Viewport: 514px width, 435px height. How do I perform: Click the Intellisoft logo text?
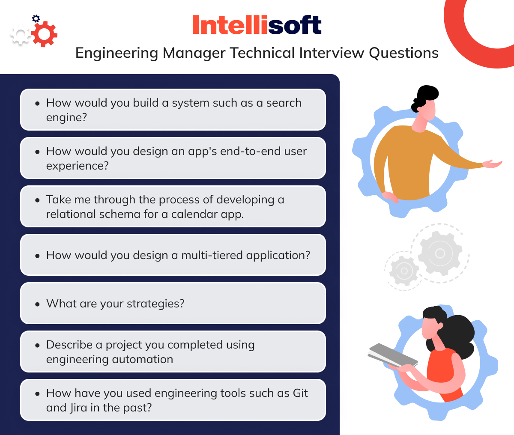[257, 25]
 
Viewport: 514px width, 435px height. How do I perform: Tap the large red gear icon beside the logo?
[44, 33]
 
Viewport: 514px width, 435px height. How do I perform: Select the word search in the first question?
[284, 103]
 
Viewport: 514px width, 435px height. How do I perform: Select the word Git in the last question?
[300, 393]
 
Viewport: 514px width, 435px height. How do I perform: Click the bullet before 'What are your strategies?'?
[38, 304]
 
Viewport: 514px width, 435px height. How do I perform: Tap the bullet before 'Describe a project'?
[38, 345]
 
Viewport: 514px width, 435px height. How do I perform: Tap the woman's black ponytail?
[458, 332]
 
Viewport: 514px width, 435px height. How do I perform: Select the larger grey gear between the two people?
[440, 253]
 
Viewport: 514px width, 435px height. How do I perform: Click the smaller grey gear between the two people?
[403, 271]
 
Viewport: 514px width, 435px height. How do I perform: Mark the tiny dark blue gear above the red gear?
[36, 18]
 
